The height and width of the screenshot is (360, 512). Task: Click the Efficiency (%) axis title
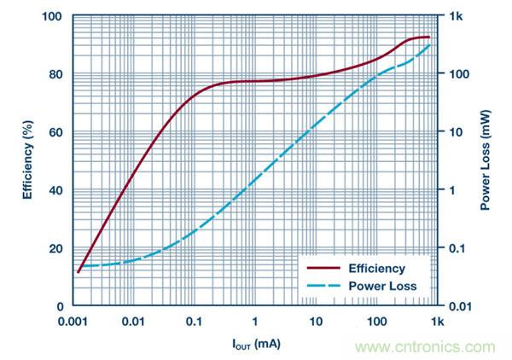28,160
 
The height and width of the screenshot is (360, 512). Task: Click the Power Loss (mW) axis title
484,160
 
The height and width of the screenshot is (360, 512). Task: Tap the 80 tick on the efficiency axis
55,74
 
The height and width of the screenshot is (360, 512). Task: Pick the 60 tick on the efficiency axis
55,132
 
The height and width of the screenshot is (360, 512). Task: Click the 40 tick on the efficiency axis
55,190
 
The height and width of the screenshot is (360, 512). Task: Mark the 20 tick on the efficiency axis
55,248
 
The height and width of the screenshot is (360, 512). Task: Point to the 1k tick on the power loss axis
455,17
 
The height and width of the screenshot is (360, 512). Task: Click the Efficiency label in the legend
378,269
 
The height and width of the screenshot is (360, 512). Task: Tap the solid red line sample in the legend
323,269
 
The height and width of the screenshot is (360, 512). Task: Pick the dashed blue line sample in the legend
323,287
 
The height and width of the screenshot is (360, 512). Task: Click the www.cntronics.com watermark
427,347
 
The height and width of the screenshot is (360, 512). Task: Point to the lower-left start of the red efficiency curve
79,272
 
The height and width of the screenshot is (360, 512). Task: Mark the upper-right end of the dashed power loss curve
430,43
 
